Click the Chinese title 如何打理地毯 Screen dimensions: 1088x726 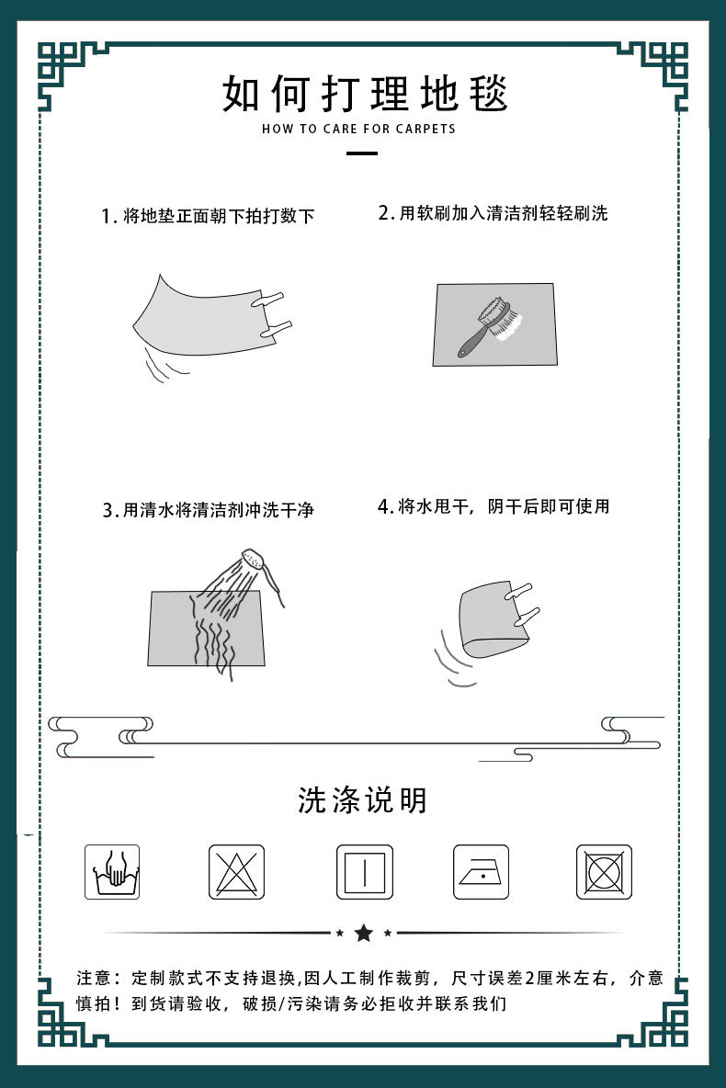pos(364,94)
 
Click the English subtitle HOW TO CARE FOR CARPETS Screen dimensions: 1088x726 pos(358,130)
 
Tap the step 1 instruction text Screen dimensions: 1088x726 pos(208,217)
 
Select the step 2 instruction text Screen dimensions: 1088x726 pos(493,214)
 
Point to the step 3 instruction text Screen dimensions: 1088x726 pos(208,509)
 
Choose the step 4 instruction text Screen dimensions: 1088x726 pos(493,506)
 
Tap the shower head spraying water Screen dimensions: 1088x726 pos(254,559)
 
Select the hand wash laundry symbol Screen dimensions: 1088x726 pos(112,872)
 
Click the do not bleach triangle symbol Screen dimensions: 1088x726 pos(236,872)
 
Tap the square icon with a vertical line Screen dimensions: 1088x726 pos(364,872)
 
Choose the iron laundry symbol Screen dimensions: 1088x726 pos(482,872)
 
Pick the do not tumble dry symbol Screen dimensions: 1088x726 pos(605,872)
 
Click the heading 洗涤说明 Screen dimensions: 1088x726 pos(363,799)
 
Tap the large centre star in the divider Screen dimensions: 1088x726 pos(364,934)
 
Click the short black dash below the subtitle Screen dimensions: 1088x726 pos(364,153)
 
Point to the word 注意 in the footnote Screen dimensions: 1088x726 pos(93,977)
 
